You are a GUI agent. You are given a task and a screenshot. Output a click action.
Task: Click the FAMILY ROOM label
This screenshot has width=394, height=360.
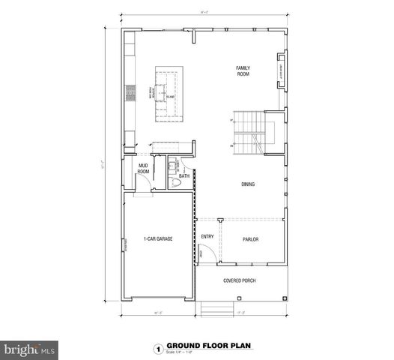pos(243,71)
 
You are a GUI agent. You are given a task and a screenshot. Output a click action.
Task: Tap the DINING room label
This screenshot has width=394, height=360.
pos(248,183)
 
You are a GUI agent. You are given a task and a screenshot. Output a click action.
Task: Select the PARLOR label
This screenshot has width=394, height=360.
pos(250,239)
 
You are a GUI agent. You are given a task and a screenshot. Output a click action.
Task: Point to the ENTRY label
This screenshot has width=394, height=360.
pos(207,236)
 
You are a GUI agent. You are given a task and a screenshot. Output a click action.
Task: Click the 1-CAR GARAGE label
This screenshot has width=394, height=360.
pos(159,239)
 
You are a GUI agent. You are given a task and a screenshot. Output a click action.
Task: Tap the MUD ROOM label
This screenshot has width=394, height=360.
pos(143,169)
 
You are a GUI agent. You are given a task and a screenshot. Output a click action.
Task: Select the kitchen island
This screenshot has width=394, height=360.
pos(169,94)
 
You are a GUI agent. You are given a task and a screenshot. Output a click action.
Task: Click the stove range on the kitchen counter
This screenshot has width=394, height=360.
pos(130,93)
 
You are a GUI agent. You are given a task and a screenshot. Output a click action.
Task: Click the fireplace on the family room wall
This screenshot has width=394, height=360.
pos(282,68)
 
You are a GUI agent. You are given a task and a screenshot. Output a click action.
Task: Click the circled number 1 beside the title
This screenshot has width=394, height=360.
pos(157,349)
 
